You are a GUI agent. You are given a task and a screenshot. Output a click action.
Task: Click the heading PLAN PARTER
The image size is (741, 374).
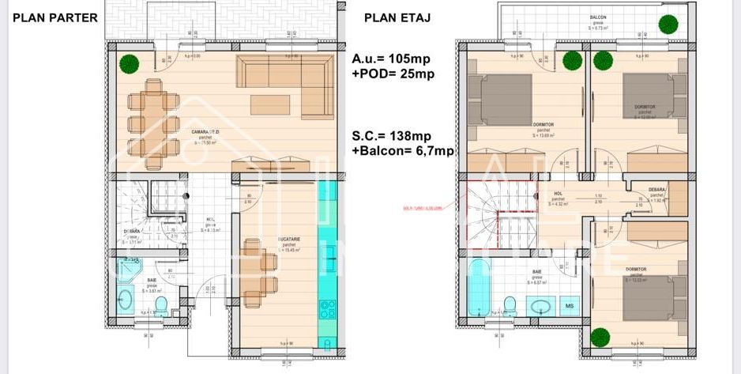pos(55,17)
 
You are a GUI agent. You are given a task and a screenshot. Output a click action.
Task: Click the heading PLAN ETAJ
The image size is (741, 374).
pos(397,17)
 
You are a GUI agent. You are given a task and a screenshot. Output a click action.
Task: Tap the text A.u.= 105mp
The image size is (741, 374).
pos(391,59)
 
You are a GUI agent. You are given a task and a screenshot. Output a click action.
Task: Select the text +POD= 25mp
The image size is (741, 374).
pos(393,74)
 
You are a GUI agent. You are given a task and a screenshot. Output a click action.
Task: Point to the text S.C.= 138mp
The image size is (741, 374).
pos(392,136)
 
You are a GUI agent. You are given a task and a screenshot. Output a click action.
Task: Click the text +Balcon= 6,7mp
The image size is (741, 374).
pos(403,151)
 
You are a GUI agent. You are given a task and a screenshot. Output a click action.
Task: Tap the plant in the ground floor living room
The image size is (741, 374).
pos(126,63)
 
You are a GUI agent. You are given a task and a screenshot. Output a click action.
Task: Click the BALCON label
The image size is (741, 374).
pos(598,17)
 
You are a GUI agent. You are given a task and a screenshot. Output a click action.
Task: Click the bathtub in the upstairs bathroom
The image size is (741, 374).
pos(478,293)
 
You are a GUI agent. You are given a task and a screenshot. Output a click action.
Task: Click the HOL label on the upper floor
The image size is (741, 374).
pos(558,193)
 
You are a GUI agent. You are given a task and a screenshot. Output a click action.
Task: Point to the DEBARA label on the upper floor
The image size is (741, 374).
pos(657,191)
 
